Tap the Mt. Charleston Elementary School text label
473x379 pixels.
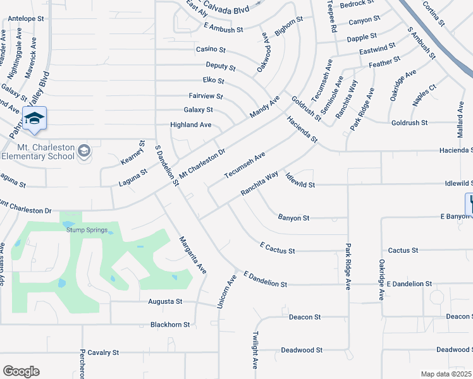38,152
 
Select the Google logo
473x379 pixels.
20,371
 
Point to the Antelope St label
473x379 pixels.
25,19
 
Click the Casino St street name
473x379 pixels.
211,49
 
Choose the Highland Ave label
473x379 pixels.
190,125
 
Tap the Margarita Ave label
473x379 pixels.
192,254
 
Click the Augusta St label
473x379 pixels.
165,302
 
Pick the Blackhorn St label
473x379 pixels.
170,325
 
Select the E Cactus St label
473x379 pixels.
277,248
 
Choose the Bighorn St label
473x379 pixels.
289,27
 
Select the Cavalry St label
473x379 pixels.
103,352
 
